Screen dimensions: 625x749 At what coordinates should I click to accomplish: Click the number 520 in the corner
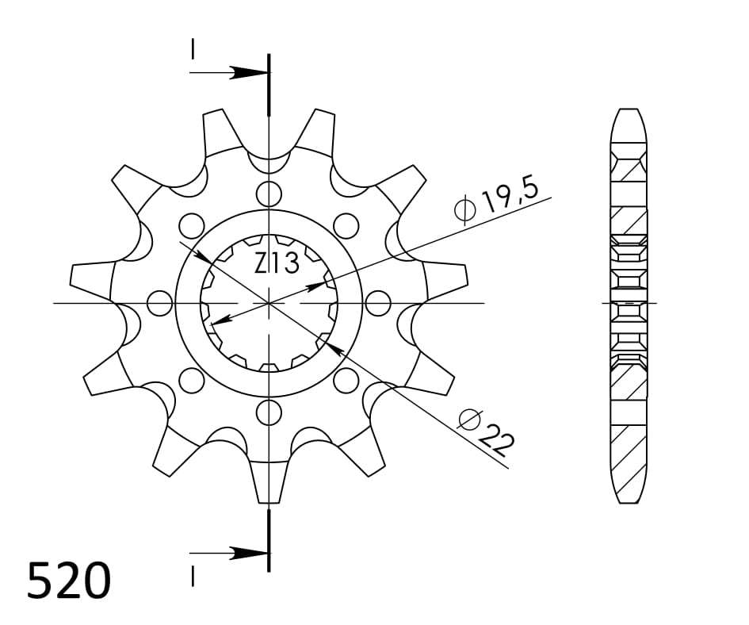click(x=69, y=581)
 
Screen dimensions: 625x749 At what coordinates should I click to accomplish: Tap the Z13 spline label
click(x=277, y=263)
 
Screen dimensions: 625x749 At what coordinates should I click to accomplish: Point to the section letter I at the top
click(x=193, y=49)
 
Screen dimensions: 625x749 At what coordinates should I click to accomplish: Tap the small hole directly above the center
click(x=269, y=193)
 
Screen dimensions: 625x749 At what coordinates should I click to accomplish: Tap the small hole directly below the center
click(x=269, y=412)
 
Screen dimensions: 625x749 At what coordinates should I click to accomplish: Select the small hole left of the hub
click(x=160, y=303)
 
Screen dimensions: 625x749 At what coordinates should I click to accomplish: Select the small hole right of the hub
click(x=380, y=303)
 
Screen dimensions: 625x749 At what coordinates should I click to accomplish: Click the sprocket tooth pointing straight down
click(x=269, y=484)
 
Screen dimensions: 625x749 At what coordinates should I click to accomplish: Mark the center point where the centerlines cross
click(x=269, y=303)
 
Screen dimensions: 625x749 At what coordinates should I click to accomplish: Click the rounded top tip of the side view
click(x=629, y=112)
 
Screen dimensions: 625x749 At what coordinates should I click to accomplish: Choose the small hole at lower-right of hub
click(x=347, y=381)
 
